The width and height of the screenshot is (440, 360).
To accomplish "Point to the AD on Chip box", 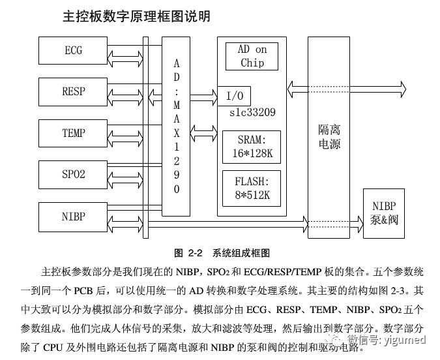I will click(x=252, y=56).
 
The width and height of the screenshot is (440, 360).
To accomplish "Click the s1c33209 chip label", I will click(x=252, y=113).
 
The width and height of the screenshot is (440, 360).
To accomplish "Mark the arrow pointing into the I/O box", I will click(x=203, y=95).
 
